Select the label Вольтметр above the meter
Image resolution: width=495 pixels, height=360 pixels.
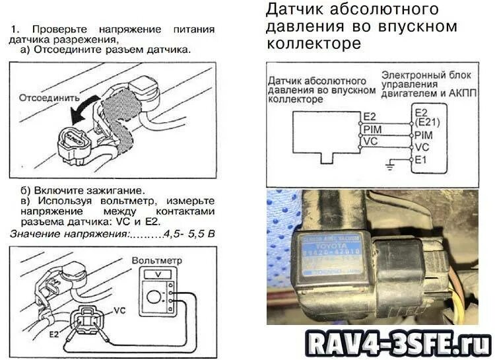[156, 260]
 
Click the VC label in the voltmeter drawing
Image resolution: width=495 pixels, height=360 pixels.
[119, 310]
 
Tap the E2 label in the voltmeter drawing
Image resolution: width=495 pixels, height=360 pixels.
[53, 335]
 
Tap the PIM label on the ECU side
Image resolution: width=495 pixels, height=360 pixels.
[423, 135]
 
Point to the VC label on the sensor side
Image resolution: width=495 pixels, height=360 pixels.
[370, 141]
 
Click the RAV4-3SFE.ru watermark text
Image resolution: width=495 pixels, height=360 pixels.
[397, 342]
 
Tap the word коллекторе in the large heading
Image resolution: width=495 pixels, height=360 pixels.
[313, 44]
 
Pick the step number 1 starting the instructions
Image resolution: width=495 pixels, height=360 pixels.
[16, 30]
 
